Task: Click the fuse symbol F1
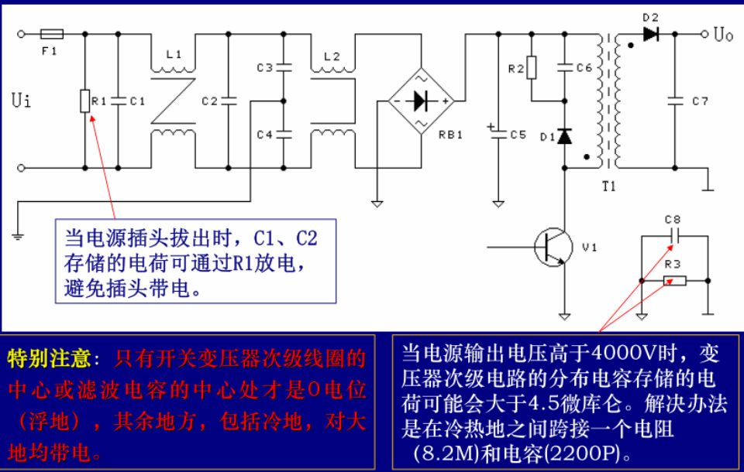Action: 52,34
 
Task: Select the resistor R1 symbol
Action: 84,101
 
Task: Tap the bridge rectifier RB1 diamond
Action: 420,101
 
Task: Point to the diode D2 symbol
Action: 649,34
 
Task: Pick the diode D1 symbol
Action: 565,136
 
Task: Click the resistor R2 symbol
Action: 531,69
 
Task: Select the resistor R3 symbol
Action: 674,279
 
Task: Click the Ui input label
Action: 22,101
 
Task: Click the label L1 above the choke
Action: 174,55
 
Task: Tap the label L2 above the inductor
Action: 331,56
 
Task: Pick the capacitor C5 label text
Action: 518,134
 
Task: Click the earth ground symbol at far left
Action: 18,232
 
